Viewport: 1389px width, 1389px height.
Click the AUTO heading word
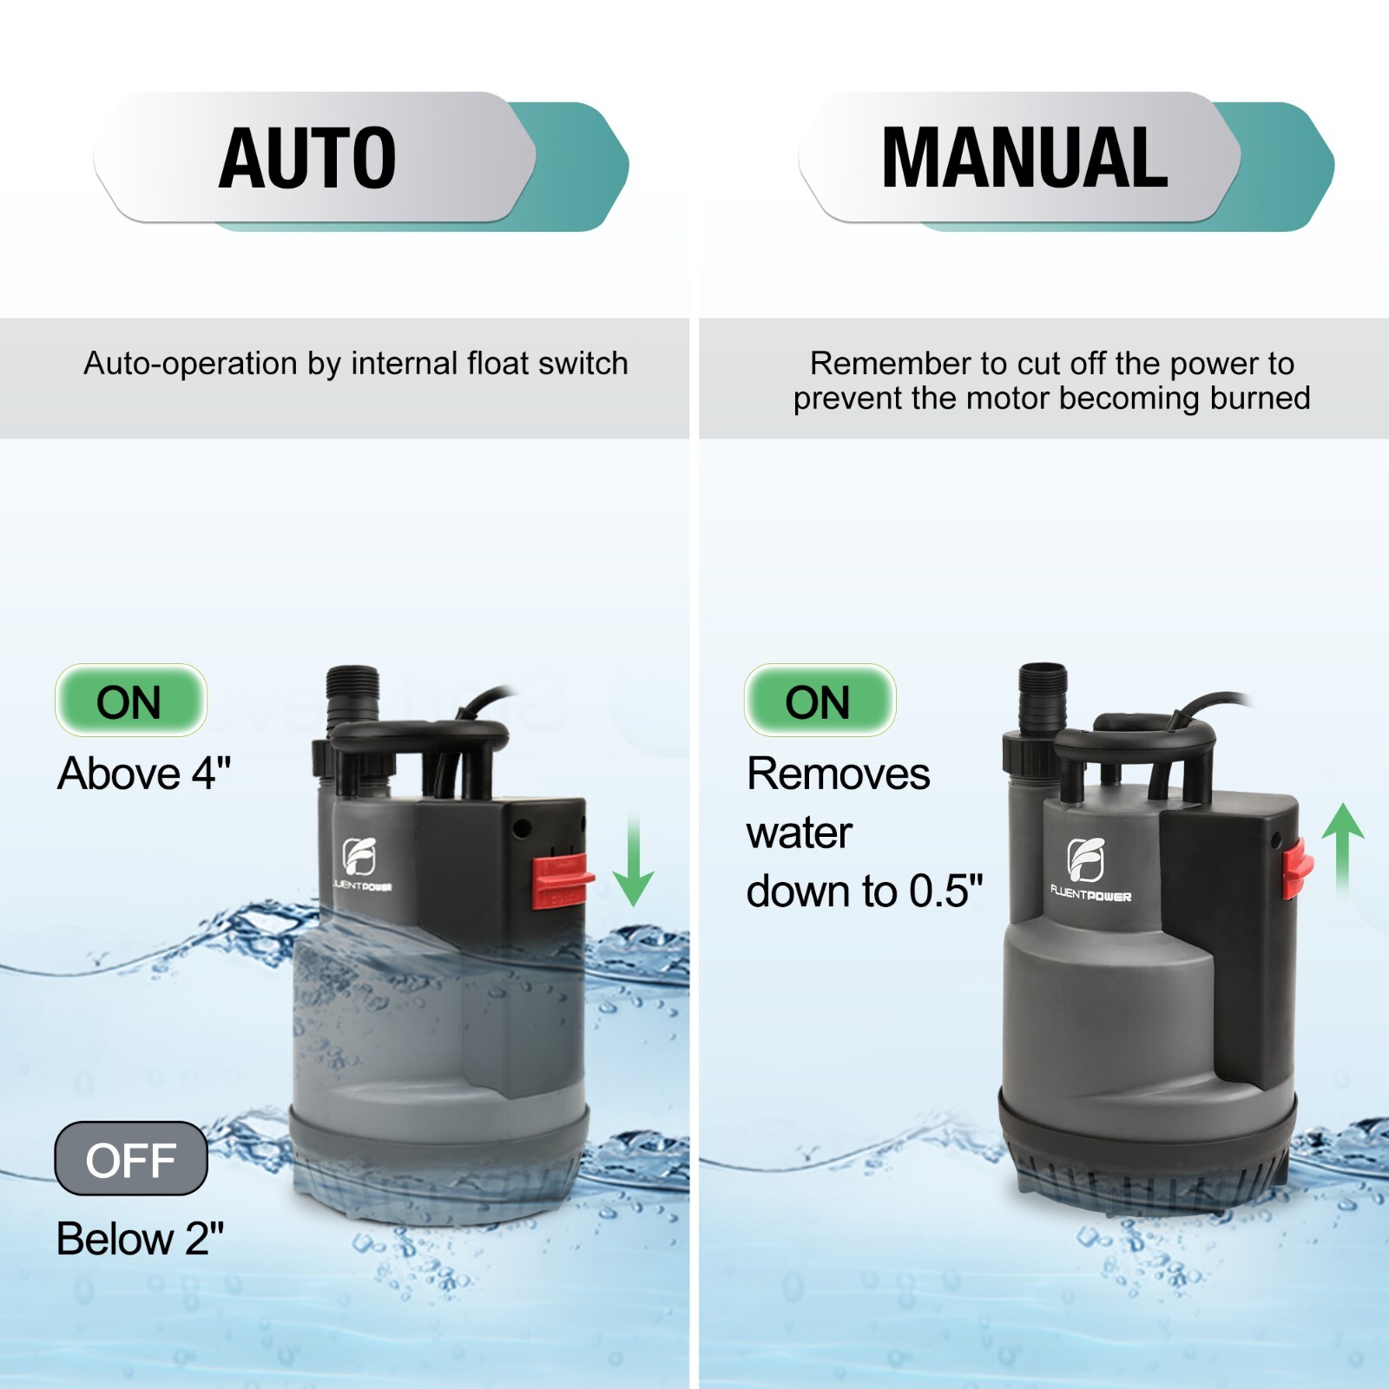click(x=307, y=158)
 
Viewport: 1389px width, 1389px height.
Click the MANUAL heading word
click(x=1024, y=158)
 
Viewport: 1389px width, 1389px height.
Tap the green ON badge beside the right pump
click(x=820, y=701)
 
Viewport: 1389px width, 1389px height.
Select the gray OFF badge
click(x=131, y=1158)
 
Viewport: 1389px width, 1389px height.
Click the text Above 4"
click(x=144, y=773)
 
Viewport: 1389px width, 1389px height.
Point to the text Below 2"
click(x=141, y=1238)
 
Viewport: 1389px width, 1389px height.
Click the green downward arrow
click(x=634, y=859)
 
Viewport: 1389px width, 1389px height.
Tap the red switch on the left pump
click(x=562, y=881)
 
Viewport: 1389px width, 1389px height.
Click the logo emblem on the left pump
click(x=359, y=856)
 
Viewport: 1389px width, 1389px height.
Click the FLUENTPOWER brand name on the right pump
click(x=1090, y=894)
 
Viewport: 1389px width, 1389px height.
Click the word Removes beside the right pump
click(x=839, y=773)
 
